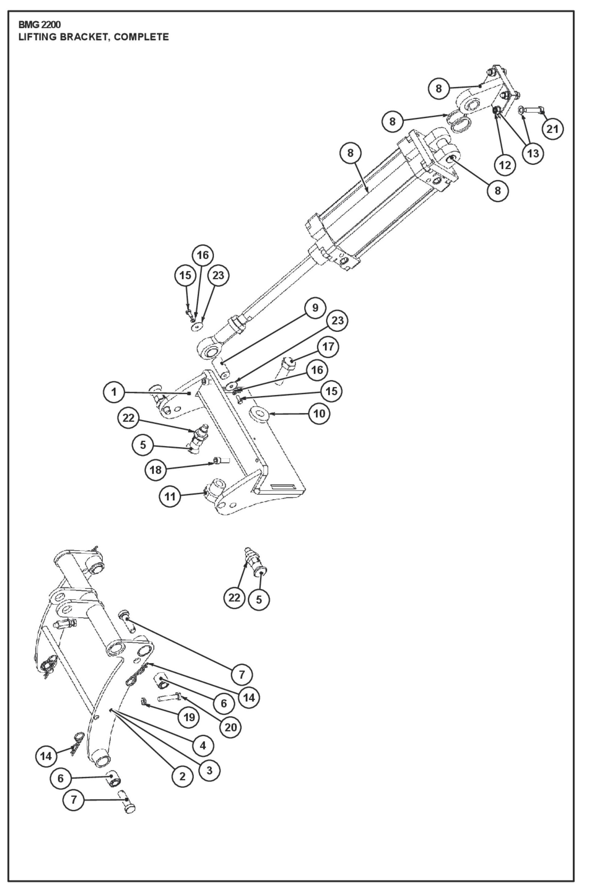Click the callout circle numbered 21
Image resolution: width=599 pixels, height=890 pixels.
click(x=553, y=129)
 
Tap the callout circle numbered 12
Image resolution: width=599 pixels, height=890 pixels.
click(x=505, y=165)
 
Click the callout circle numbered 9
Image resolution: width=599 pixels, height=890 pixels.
click(x=315, y=308)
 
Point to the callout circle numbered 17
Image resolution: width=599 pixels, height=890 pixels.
click(x=328, y=347)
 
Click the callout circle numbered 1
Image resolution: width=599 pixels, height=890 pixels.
click(x=114, y=392)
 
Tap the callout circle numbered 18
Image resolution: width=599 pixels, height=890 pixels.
click(x=155, y=469)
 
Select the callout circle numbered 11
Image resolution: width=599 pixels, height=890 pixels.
click(x=170, y=497)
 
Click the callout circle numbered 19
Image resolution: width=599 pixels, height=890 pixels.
click(x=189, y=717)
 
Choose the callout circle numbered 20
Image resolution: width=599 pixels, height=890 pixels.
click(x=231, y=727)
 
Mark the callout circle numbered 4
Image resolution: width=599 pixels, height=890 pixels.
click(x=203, y=745)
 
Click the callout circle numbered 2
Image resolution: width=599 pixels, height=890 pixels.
click(x=182, y=776)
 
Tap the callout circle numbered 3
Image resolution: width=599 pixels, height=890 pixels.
click(x=209, y=770)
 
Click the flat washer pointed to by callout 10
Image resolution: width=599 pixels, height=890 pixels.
click(x=259, y=414)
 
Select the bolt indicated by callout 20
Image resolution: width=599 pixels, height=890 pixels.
click(x=170, y=698)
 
